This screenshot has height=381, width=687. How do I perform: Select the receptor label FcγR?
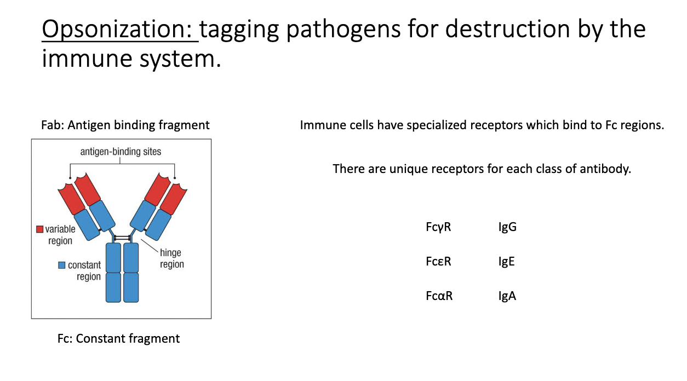click(x=438, y=227)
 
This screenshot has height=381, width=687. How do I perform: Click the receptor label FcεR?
click(x=438, y=261)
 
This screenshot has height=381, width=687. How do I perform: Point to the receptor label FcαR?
click(x=439, y=296)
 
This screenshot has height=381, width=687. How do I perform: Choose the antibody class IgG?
click(x=507, y=227)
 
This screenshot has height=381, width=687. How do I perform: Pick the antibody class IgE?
click(x=506, y=261)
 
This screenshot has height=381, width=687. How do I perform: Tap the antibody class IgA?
click(x=507, y=296)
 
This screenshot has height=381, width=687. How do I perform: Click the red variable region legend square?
click(x=39, y=229)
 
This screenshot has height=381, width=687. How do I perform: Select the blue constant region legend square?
click(x=62, y=265)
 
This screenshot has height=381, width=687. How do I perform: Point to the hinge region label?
click(x=171, y=258)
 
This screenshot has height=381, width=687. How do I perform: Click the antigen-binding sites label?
click(x=121, y=152)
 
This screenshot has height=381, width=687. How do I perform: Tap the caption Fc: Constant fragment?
click(x=118, y=338)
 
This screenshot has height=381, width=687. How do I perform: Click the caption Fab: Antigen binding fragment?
click(x=125, y=125)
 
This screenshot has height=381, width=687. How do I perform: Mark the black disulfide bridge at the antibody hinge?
click(x=122, y=238)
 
